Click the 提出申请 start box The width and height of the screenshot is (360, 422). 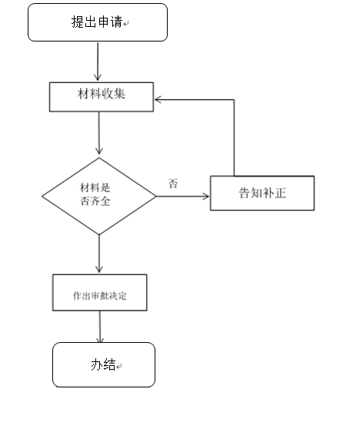98,22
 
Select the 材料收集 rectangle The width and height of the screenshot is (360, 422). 101,96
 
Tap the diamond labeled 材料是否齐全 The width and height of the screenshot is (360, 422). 99,197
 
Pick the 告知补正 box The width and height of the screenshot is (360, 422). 262,193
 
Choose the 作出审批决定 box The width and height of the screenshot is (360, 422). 99,293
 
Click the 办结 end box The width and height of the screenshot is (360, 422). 104,364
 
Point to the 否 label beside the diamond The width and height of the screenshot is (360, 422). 173,184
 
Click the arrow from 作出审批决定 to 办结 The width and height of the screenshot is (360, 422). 100,326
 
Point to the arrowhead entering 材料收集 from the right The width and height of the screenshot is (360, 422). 158,99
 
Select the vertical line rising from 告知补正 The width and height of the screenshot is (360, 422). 233,138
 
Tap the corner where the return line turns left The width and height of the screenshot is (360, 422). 233,99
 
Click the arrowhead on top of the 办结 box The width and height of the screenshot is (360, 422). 101,340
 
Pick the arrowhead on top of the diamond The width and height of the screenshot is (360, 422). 99,154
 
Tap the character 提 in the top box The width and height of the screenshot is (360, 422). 77,22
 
